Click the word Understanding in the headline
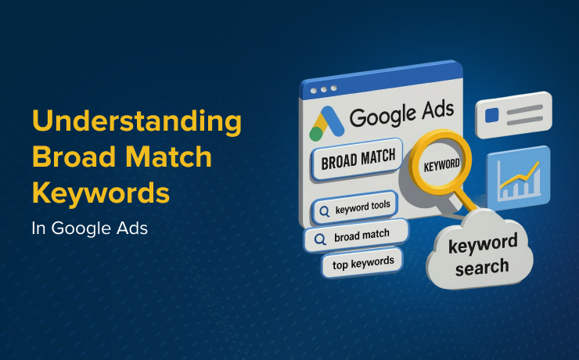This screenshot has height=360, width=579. pyautogui.click(x=136, y=122)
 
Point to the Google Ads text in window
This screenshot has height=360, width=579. pyautogui.click(x=401, y=115)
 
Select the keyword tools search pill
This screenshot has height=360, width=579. pyautogui.click(x=356, y=210)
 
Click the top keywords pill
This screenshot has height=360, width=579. pyautogui.click(x=362, y=264)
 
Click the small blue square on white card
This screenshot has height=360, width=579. pyautogui.click(x=492, y=116)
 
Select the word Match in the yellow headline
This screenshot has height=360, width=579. pyautogui.click(x=173, y=157)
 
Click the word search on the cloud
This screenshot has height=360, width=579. pyautogui.click(x=482, y=266)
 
